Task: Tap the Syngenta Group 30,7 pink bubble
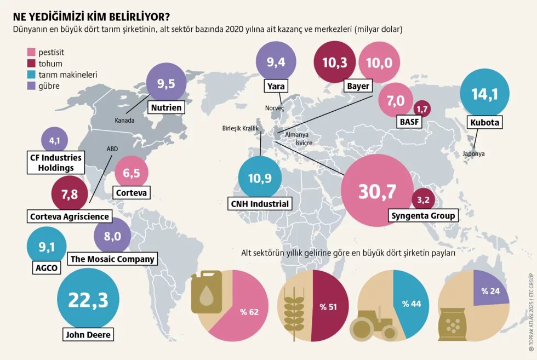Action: tap(376, 190)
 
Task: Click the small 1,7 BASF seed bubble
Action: tap(421, 110)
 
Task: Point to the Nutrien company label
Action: tap(167, 107)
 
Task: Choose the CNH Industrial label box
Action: tap(260, 204)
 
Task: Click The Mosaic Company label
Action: tap(112, 259)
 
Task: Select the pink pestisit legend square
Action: tap(31, 53)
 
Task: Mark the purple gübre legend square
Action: tap(31, 86)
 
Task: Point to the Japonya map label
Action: tap(473, 154)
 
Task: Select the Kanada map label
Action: tap(124, 121)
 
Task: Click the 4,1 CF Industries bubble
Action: tap(55, 141)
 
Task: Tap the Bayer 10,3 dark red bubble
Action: tap(335, 62)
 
